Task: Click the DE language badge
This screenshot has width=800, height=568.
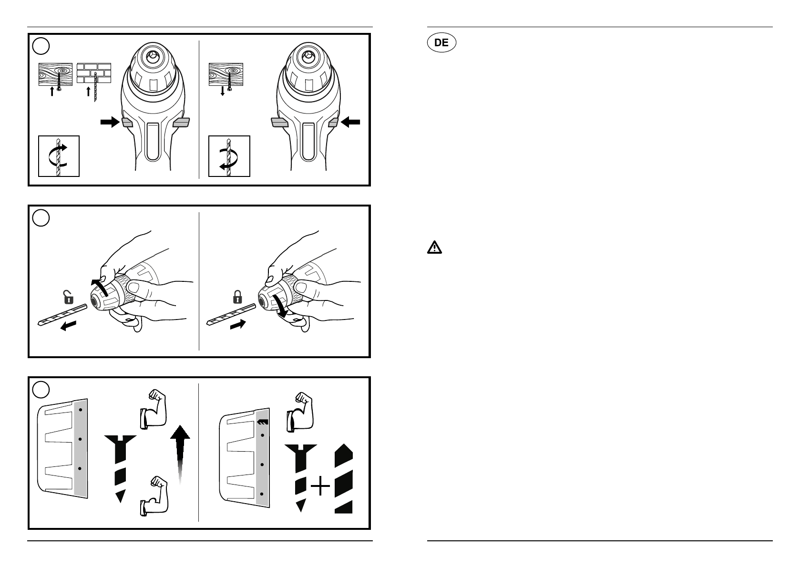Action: point(441,42)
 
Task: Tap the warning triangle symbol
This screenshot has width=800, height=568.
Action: point(434,248)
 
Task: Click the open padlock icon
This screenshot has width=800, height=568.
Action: point(69,299)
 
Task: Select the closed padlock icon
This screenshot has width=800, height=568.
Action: point(237,298)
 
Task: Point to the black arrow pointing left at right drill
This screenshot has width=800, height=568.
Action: point(351,123)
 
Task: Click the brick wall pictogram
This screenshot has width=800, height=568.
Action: point(94,74)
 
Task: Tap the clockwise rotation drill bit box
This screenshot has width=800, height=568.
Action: point(58,156)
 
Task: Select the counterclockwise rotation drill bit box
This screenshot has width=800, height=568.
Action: point(229,156)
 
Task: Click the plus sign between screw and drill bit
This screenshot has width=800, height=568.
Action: point(320,488)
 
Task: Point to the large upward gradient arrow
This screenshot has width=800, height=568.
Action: point(180,453)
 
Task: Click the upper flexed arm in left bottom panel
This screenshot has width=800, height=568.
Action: point(153,408)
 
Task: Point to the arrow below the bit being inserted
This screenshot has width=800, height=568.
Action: point(238,325)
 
